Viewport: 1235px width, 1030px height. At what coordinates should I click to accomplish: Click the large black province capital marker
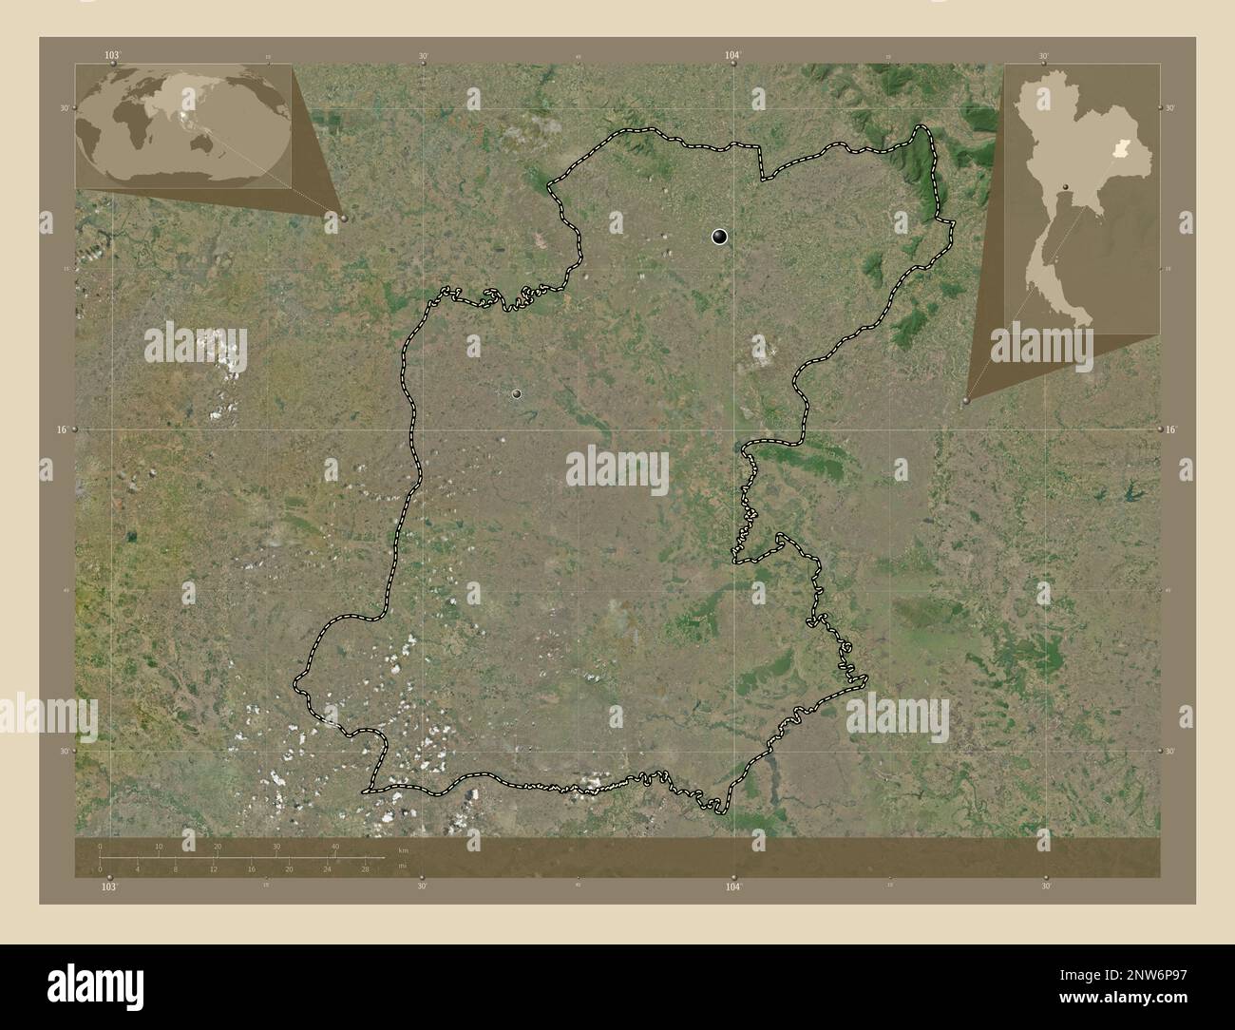720,238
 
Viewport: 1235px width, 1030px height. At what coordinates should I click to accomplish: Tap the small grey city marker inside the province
518,392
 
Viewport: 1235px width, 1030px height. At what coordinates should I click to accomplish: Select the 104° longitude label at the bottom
731,887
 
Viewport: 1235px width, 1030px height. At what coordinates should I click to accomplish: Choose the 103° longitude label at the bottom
110,887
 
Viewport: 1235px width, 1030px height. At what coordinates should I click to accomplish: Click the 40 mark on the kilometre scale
334,846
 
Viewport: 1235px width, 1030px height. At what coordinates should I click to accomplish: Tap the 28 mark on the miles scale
364,868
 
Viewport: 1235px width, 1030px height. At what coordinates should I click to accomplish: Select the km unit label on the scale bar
403,849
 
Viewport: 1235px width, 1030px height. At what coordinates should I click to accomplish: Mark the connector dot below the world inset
343,218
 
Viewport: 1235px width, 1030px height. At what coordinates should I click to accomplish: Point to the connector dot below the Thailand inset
966,401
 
